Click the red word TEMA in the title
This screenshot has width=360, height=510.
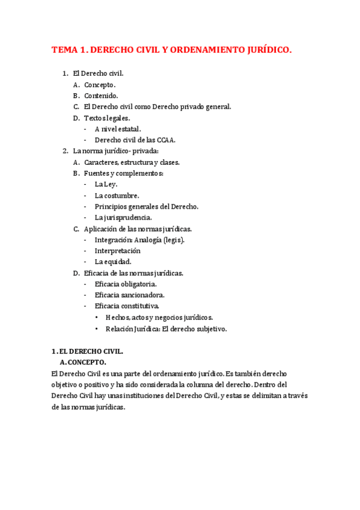point(64,51)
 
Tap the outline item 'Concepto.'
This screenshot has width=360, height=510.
point(100,85)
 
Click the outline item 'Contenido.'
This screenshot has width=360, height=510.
point(101,96)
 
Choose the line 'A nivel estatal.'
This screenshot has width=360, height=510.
point(118,129)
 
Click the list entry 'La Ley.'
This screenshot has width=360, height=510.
point(106,185)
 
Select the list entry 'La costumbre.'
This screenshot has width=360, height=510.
point(117,195)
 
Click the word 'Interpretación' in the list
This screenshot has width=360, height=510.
point(117,251)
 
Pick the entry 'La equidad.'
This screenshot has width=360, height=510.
point(113,262)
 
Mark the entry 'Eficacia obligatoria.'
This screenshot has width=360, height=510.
point(126,284)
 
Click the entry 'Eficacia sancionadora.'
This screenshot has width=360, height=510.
point(129,295)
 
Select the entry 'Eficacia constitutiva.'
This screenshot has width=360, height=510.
point(127,306)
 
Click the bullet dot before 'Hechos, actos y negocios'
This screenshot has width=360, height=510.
point(98,318)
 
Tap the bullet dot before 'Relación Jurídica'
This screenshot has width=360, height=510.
point(98,329)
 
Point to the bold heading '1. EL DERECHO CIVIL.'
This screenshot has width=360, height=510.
point(87,351)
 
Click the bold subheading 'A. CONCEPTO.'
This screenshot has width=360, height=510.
point(83,363)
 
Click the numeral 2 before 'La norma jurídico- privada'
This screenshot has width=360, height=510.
point(65,151)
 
